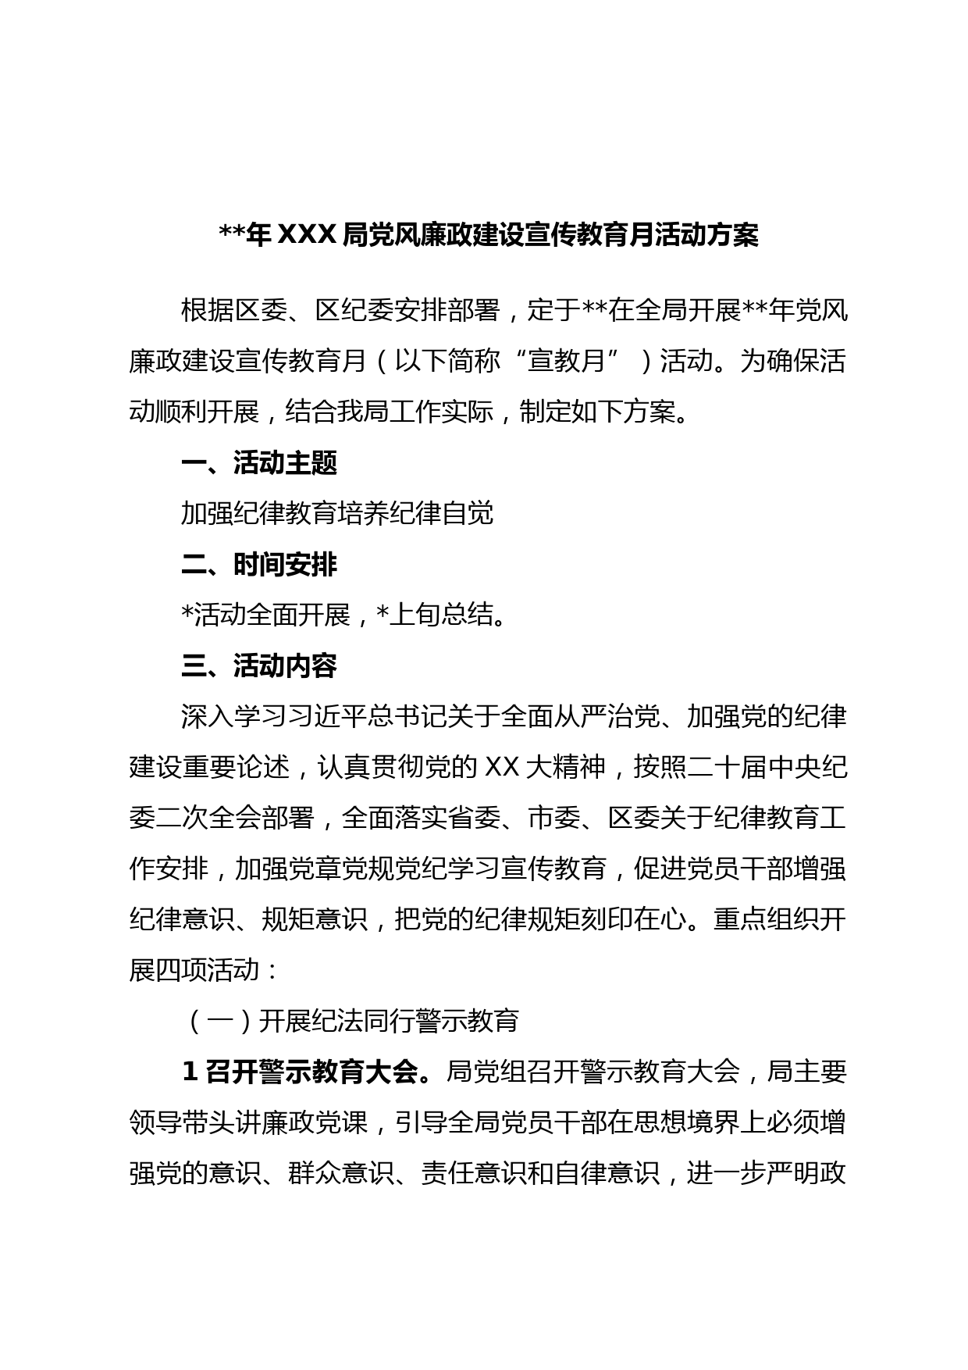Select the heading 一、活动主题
258,463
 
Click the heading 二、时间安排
258,564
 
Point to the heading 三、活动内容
258,665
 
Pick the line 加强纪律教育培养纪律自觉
337,514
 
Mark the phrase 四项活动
208,970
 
